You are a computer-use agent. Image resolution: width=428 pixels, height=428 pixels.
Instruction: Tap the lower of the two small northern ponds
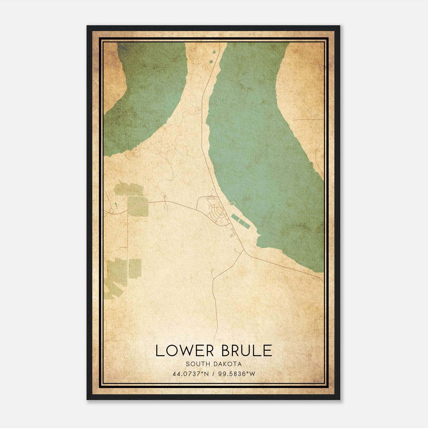point(211,62)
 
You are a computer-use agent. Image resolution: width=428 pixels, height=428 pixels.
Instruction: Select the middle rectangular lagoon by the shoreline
point(240,222)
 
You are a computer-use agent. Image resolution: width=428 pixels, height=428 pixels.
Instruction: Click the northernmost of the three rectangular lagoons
point(235,217)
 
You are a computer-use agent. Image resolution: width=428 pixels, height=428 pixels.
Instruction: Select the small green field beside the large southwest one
point(135,268)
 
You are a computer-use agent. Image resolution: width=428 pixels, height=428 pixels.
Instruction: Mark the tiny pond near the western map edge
point(116,205)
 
